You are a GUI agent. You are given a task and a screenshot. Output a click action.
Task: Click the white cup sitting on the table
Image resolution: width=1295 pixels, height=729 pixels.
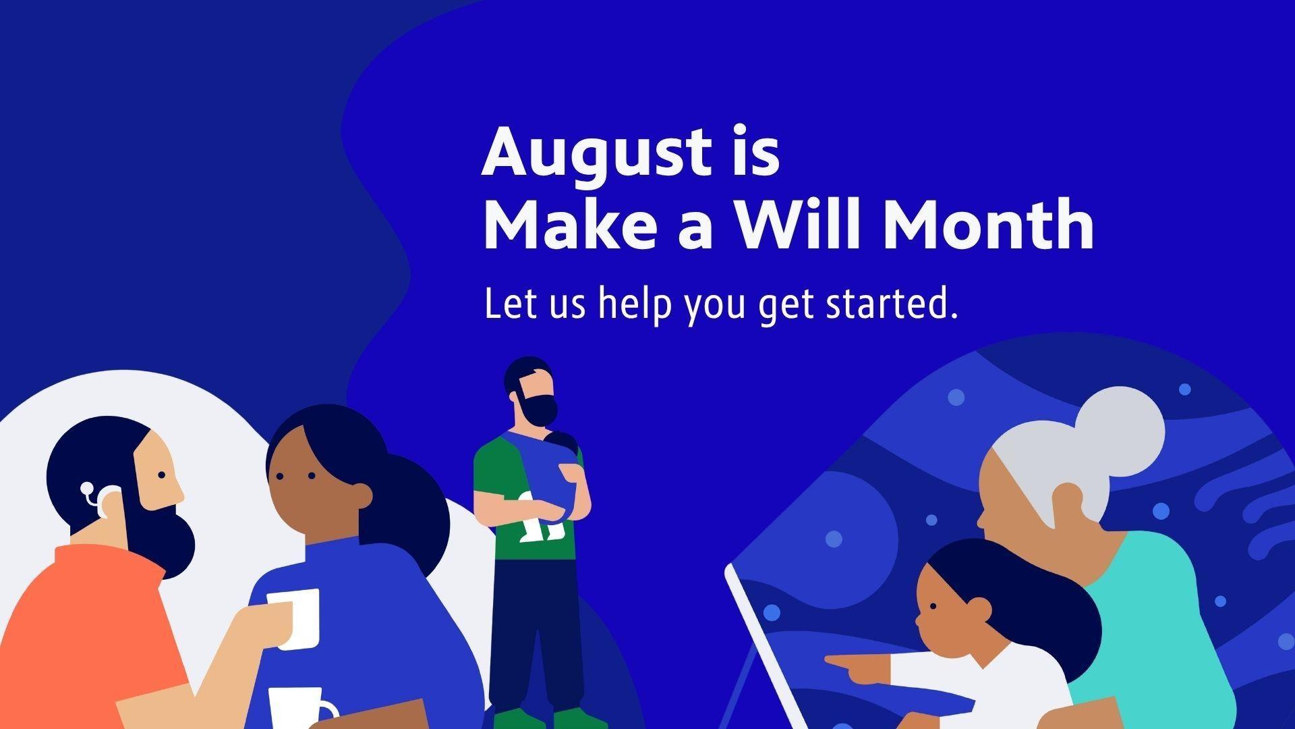pos(301,709)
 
